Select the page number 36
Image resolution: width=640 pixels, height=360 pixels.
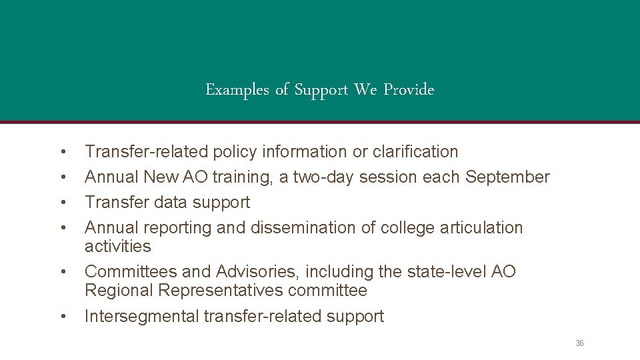(579, 343)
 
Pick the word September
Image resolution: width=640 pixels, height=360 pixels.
(507, 177)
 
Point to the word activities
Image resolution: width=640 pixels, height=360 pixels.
(118, 247)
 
